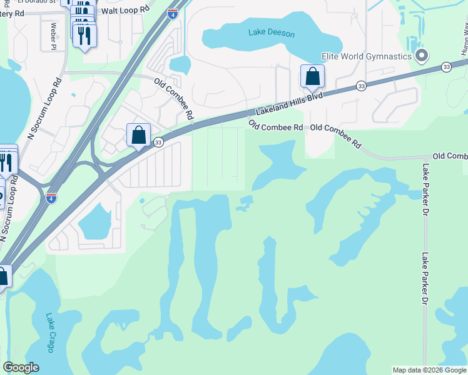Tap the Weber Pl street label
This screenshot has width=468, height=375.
[x=53, y=36]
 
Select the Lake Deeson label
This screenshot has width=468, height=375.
[x=271, y=33]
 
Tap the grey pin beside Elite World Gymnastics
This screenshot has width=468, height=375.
[x=422, y=56]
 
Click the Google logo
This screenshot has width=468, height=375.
[x=21, y=367]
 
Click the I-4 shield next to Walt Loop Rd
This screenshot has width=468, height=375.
[x=172, y=14]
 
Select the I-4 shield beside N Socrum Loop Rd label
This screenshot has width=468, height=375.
[x=51, y=198]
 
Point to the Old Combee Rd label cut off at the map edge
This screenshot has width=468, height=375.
[x=450, y=156]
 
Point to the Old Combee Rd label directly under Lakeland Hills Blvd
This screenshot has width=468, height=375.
[x=276, y=126]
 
